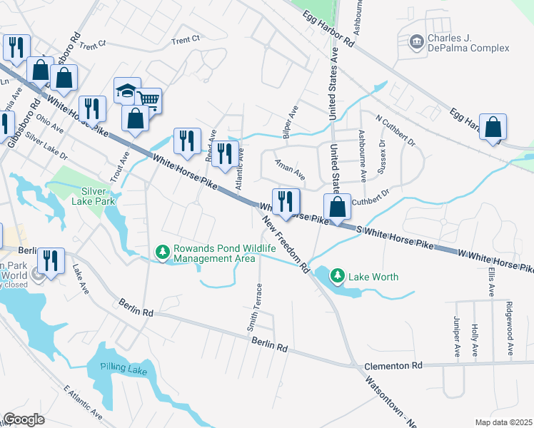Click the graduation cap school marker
(x=126, y=91)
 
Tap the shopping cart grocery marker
(x=148, y=100)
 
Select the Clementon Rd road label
(x=393, y=365)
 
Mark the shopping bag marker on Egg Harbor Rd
(x=493, y=128)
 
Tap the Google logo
(x=24, y=419)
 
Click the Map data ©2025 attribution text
(x=503, y=422)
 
